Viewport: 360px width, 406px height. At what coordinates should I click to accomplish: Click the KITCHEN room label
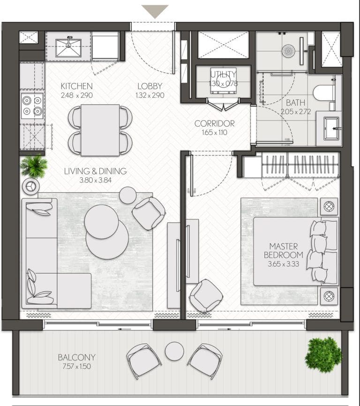tap(76, 86)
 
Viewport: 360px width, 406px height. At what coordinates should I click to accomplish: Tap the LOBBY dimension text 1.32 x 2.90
tap(150, 95)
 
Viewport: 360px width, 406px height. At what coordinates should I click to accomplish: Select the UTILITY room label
tap(223, 75)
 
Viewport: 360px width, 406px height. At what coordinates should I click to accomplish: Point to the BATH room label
tap(296, 103)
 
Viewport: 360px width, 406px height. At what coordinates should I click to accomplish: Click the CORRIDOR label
tap(215, 123)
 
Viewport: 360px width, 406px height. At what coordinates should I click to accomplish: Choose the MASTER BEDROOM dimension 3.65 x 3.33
tap(284, 264)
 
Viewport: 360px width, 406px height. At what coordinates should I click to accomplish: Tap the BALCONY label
tap(76, 357)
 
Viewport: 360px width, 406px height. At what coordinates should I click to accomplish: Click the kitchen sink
tap(68, 48)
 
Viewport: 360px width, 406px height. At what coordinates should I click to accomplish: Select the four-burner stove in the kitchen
tap(32, 105)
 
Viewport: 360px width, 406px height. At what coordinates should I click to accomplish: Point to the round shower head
tap(288, 51)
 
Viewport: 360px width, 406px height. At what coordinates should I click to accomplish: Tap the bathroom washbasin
tap(331, 128)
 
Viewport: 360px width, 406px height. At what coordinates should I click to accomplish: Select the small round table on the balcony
tap(175, 351)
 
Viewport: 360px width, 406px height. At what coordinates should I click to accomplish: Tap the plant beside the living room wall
tap(34, 166)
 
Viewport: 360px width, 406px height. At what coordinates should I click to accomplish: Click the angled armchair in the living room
tap(149, 213)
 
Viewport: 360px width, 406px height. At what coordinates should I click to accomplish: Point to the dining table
tap(100, 130)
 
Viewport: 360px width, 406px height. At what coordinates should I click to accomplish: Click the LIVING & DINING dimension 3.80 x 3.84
tap(96, 180)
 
